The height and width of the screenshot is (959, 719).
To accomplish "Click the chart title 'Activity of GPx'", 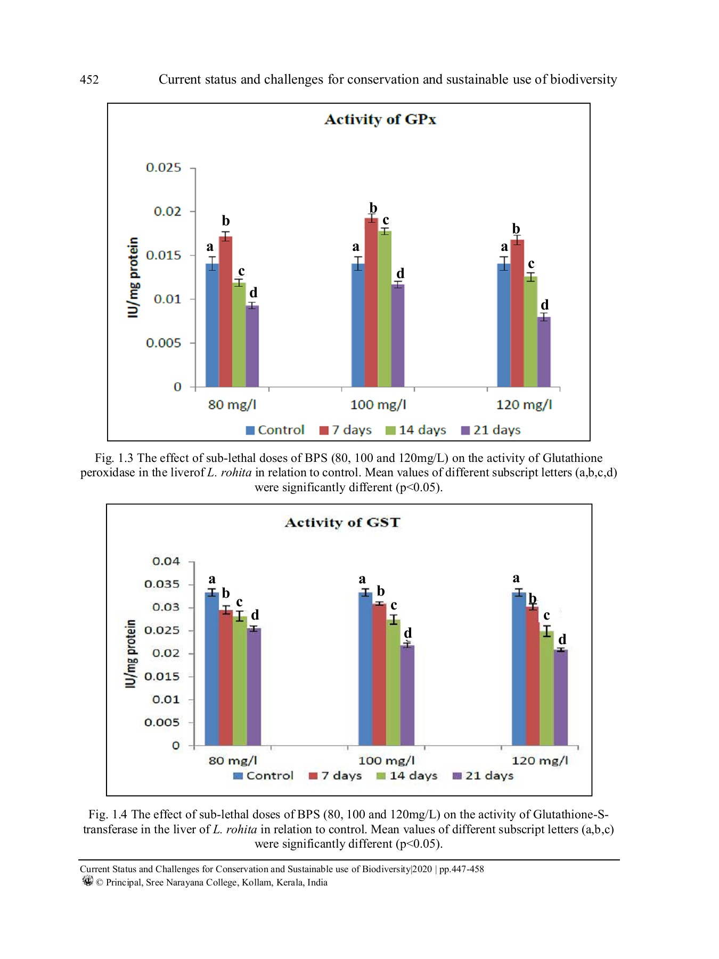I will coord(380,119).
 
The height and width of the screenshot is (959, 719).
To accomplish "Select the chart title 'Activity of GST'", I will coord(342,523).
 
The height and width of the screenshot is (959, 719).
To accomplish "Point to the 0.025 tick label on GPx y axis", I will coord(164,168).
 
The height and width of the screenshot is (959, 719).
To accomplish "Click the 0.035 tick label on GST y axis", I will coord(162,584).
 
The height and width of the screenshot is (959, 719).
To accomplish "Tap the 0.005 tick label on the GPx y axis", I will coord(164,343).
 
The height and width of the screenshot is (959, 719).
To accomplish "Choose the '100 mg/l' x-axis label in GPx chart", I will coord(378,405).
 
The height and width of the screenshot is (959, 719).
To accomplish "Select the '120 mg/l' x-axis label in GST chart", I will coord(540,761).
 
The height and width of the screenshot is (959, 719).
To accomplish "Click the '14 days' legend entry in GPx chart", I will coord(416,430).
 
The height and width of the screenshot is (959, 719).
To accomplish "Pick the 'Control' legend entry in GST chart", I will coord(264,776).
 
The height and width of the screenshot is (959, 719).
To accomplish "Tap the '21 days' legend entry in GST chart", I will coord(483,776).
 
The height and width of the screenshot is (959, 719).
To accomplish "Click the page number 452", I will coord(89,80).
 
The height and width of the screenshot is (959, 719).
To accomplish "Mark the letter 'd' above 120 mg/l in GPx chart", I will coord(544,305).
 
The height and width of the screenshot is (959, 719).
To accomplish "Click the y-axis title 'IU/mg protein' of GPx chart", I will coord(133,277).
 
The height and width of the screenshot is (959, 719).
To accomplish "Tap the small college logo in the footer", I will coord(88,881).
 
